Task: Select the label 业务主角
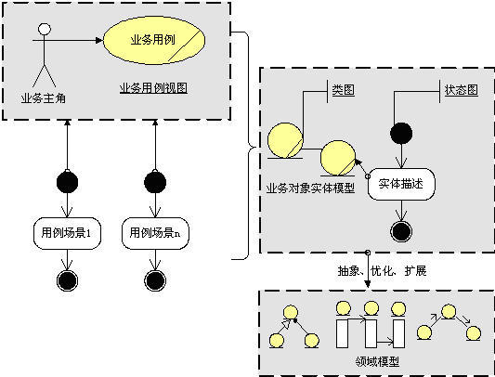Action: pos(43,96)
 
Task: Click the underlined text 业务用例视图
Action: pos(154,88)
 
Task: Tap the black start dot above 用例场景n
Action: pos(154,180)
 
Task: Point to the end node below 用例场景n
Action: pos(154,279)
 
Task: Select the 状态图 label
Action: pos(461,91)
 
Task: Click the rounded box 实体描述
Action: pos(401,183)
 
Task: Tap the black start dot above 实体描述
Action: pos(401,134)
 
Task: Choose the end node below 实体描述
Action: pos(401,230)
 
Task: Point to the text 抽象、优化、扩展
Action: pos(382,271)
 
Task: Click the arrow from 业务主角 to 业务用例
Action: pos(74,40)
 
